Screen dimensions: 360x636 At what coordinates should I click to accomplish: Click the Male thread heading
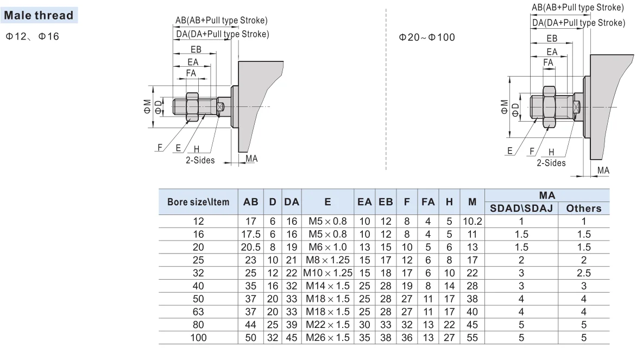[x=39, y=15]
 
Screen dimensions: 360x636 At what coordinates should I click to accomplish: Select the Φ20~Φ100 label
[x=427, y=37]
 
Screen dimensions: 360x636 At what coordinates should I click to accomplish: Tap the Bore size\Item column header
[x=199, y=202]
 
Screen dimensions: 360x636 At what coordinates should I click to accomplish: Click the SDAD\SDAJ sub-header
[x=521, y=208]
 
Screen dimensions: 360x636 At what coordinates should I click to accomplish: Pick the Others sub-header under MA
[x=584, y=208]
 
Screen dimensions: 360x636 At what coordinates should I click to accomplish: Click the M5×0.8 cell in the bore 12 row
[x=328, y=222]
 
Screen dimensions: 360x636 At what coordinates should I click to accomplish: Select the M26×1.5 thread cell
[x=328, y=338]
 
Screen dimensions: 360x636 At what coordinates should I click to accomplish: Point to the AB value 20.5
[x=251, y=247]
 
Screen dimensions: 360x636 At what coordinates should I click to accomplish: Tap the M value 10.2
[x=473, y=222]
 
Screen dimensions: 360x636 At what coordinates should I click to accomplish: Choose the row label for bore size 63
[x=199, y=312]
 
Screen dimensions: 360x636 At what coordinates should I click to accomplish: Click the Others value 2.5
[x=584, y=273]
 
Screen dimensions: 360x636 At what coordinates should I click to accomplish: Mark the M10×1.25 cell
[x=328, y=273]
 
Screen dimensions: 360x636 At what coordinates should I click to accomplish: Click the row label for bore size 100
[x=199, y=338]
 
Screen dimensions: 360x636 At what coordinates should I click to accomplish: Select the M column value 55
[x=473, y=338]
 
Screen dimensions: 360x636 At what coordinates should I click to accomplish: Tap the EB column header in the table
[x=386, y=202]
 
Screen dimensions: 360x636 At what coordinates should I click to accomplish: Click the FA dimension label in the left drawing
[x=191, y=73]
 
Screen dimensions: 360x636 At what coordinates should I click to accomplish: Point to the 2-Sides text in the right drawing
[x=551, y=163]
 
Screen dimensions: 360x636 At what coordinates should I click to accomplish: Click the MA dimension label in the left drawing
[x=251, y=159]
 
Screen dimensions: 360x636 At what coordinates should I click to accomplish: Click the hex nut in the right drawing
[x=549, y=106]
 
